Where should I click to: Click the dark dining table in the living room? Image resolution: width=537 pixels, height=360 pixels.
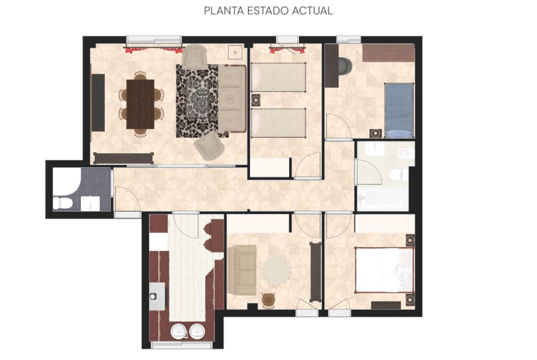click(140, 104)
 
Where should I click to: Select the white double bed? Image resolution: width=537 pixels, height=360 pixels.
click(385, 270)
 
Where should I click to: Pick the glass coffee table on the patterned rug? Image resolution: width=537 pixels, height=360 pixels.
click(197, 99)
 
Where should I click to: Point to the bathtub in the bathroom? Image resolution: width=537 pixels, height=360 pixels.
click(382, 199)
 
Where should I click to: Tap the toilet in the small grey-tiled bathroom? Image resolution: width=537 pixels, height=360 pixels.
click(63, 203)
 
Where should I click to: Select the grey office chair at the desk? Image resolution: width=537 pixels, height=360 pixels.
click(345, 66)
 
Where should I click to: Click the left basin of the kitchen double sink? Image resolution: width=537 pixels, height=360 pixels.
click(178, 331)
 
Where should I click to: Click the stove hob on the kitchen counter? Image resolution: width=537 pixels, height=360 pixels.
click(157, 296)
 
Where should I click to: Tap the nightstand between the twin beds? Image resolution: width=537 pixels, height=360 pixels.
click(256, 100)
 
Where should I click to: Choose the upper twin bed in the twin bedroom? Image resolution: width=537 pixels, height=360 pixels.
click(278, 77)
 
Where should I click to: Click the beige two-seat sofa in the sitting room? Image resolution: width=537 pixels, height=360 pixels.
click(242, 270)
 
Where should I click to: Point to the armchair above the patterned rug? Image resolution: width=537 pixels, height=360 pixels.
click(194, 56)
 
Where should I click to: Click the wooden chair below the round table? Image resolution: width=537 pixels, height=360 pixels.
click(268, 300)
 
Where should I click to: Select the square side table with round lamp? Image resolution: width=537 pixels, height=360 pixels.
click(235, 52)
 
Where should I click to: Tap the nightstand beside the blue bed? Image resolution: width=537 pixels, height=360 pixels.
click(376, 133)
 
